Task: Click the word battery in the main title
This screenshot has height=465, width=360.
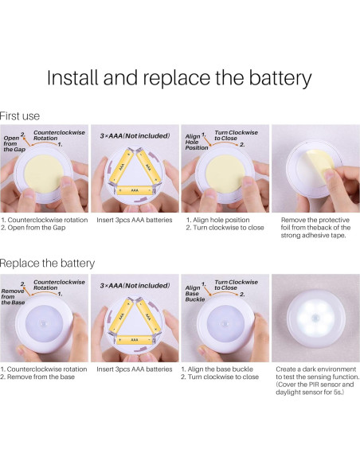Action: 280,78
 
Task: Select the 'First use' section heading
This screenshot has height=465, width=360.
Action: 20,116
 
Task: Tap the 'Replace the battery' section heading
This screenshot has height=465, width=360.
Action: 47,263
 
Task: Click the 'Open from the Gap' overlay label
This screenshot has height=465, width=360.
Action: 14,143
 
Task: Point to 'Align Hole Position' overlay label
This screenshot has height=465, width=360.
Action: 196,142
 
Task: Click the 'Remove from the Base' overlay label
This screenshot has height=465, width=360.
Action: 13,296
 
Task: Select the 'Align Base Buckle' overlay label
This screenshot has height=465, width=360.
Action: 195,293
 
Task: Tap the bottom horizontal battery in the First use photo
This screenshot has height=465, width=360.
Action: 135,190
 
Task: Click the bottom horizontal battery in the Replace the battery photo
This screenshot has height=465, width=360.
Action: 135,339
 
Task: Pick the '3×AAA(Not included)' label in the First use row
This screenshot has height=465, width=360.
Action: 135,136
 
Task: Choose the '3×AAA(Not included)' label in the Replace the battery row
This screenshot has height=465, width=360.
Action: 135,286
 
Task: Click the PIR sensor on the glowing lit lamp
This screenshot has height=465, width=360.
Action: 315,318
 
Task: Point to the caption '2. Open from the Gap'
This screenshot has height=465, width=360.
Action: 33,228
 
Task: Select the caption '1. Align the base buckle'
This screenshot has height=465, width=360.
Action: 217,369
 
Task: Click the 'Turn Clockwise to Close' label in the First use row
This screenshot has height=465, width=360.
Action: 236,135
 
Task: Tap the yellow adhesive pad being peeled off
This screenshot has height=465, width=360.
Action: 320,166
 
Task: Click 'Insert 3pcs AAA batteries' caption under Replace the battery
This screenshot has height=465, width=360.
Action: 135,369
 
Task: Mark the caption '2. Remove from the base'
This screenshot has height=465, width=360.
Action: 37,377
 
